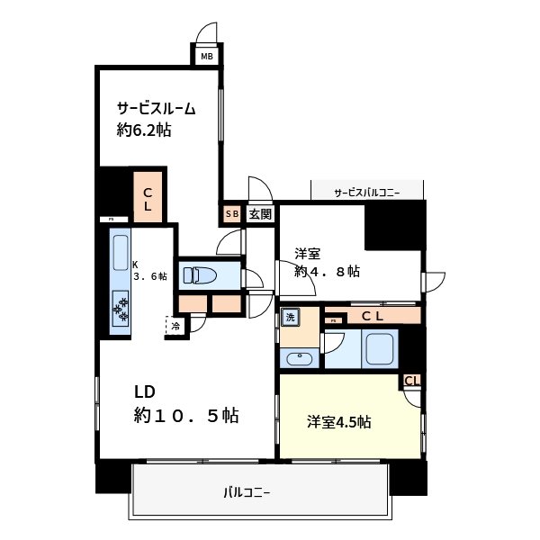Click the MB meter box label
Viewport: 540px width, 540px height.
click(207, 56)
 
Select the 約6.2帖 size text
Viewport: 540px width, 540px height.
click(144, 130)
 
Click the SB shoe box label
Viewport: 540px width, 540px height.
click(231, 214)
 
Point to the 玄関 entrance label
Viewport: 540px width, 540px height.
click(259, 214)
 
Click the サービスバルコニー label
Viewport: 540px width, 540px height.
click(366, 192)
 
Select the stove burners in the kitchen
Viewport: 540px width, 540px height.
click(121, 311)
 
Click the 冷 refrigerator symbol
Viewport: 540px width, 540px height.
click(175, 326)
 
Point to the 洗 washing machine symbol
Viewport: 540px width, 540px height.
click(291, 317)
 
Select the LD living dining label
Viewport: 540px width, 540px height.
click(146, 391)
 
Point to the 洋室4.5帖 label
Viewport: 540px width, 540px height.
click(339, 422)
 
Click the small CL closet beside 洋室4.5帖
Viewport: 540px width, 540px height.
click(411, 381)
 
